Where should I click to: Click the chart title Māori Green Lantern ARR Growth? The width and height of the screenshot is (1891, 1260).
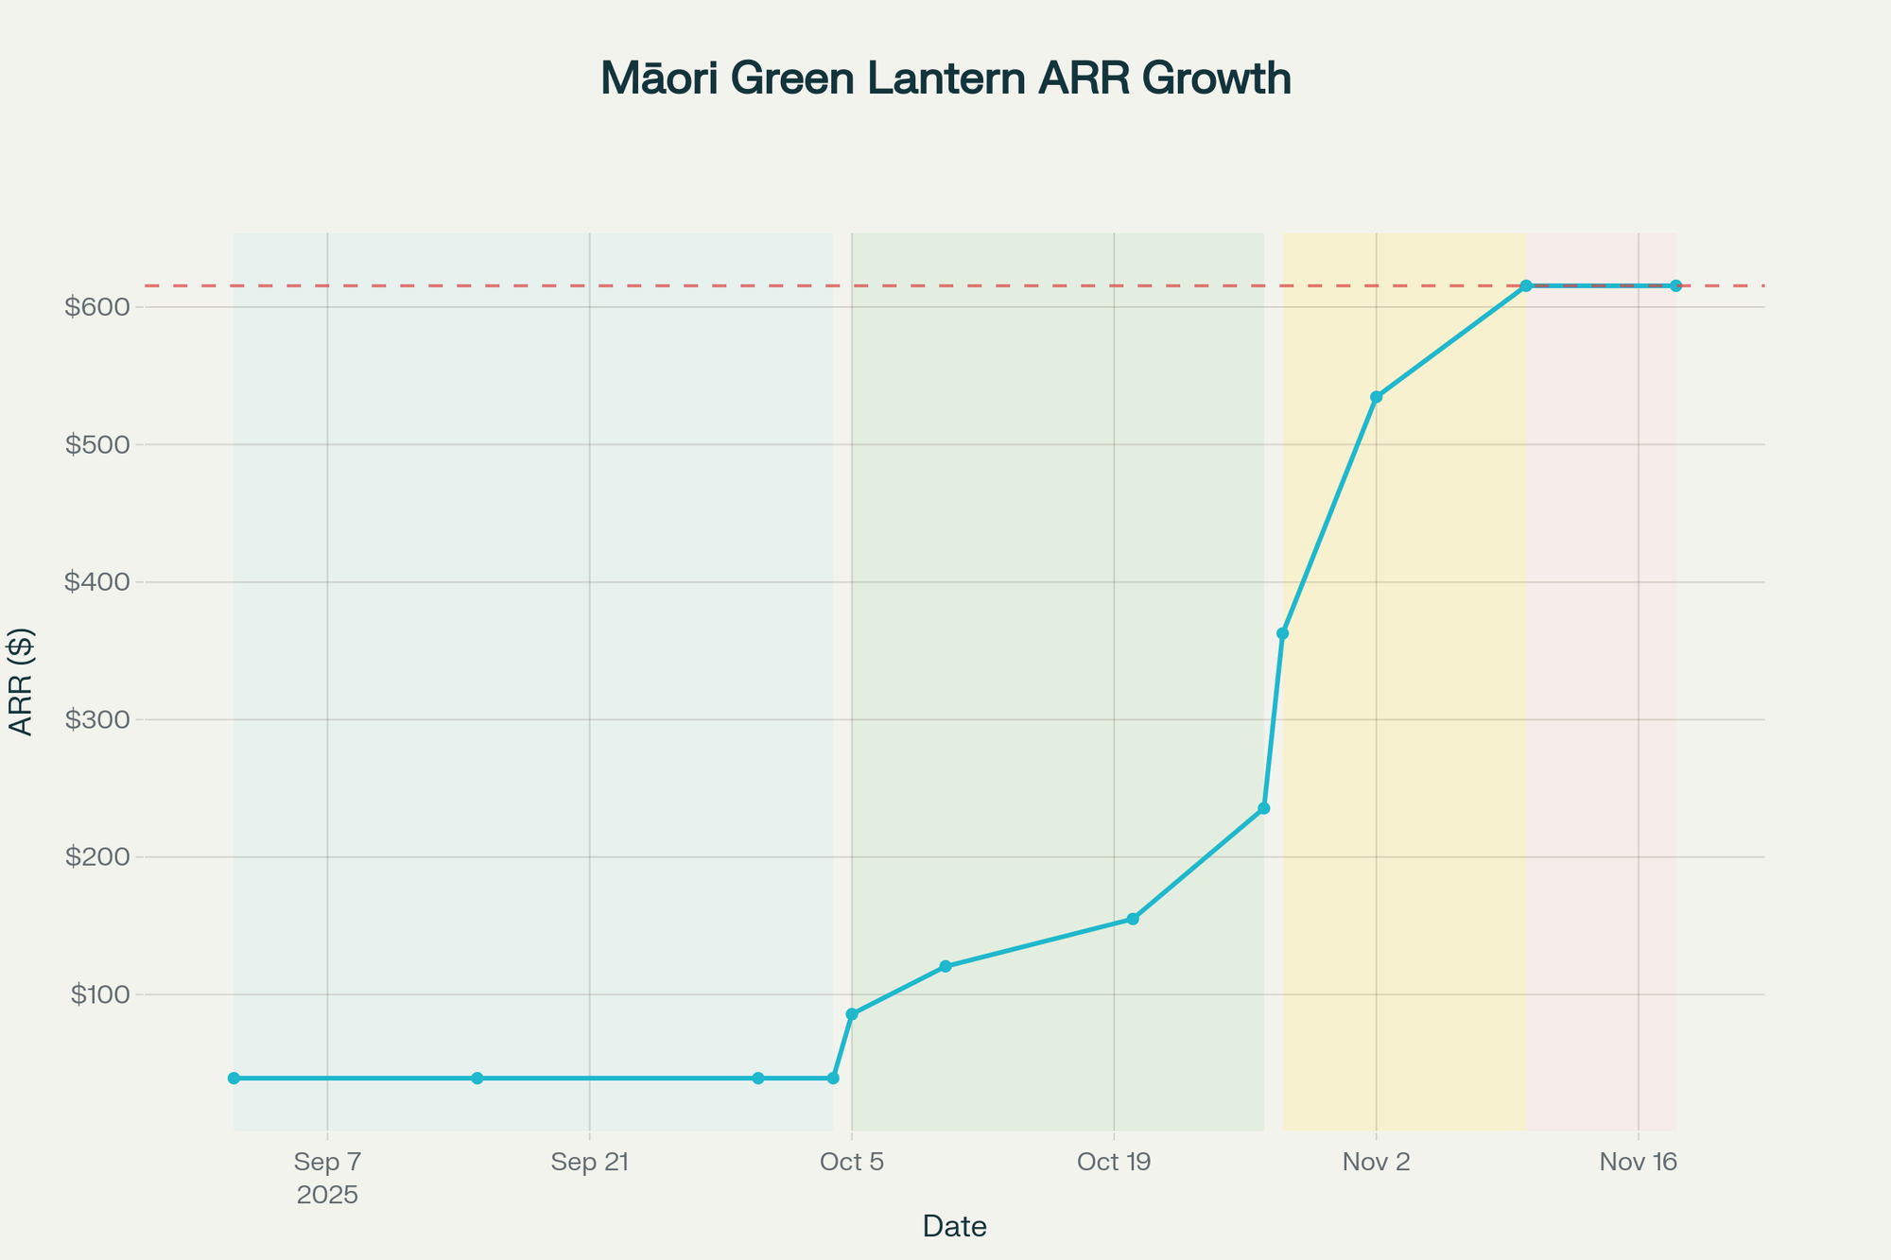(x=945, y=79)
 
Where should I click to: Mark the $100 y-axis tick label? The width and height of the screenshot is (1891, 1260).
(x=101, y=994)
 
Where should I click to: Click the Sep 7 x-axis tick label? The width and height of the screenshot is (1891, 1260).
(x=327, y=1162)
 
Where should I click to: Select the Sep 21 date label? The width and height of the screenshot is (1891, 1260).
(x=589, y=1162)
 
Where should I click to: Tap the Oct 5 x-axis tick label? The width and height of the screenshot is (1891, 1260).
(x=852, y=1162)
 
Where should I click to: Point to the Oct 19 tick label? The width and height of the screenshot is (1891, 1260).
(x=1114, y=1162)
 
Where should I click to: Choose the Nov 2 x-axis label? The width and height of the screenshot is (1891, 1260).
(x=1376, y=1162)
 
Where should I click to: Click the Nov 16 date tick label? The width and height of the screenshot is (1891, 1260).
(x=1638, y=1162)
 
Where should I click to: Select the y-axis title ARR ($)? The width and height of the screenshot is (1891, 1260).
(x=21, y=681)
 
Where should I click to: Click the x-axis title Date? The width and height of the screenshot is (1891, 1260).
(x=954, y=1227)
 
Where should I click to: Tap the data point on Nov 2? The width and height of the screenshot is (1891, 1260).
(x=1376, y=397)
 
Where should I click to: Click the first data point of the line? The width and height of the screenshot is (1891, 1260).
(x=234, y=1079)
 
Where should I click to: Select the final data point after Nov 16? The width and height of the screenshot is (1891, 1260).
(x=1675, y=285)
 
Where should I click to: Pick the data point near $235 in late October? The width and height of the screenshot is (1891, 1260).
(x=1263, y=808)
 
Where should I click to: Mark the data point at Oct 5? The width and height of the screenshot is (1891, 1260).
(x=852, y=1014)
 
